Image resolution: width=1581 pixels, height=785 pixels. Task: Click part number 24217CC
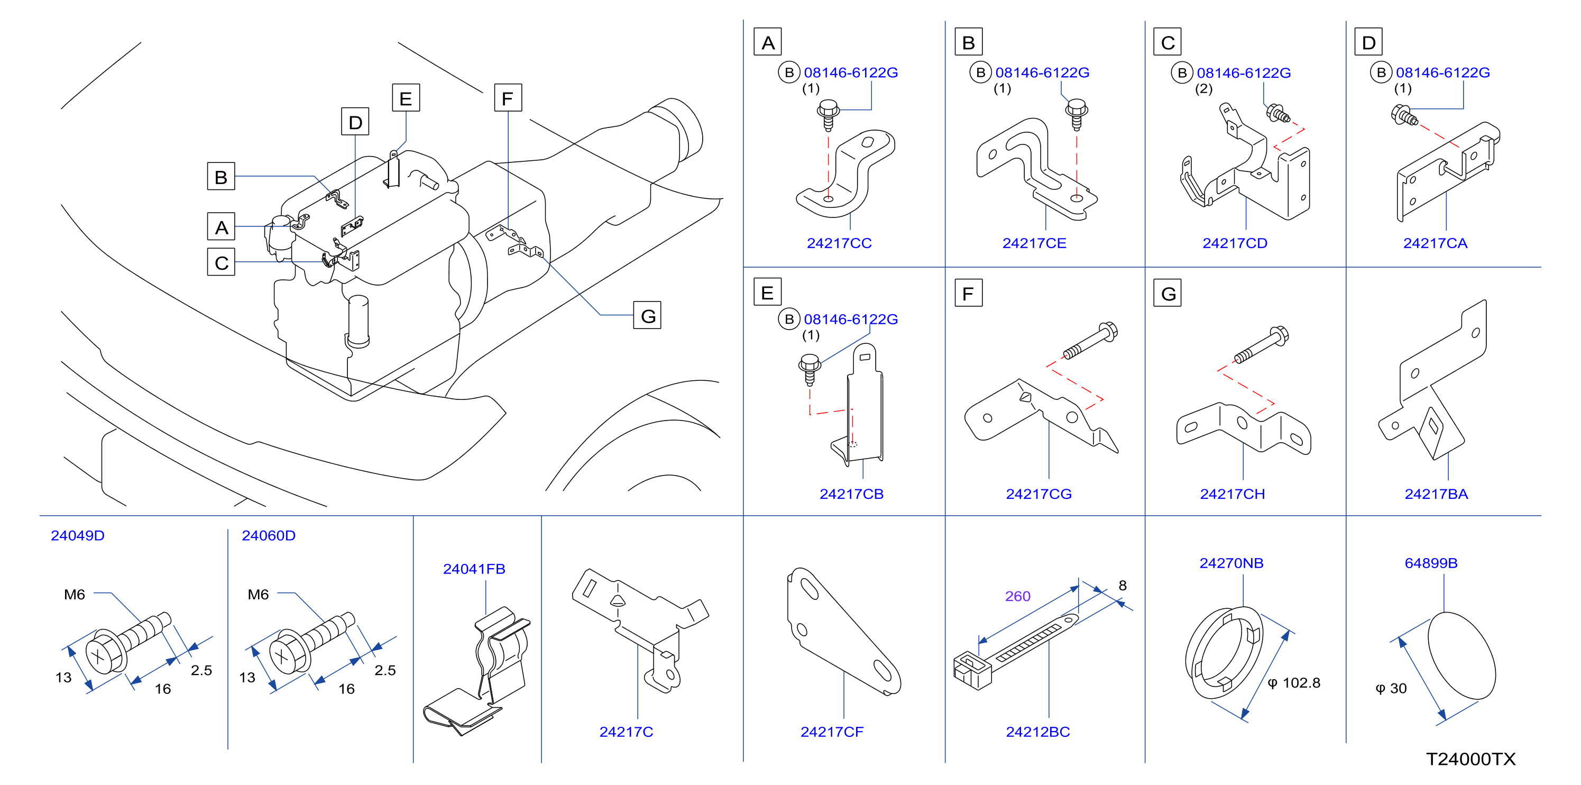click(x=839, y=243)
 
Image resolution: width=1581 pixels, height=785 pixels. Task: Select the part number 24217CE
click(x=1034, y=243)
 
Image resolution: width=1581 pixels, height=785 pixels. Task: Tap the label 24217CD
click(x=1235, y=243)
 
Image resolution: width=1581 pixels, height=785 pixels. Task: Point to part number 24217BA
click(x=1436, y=494)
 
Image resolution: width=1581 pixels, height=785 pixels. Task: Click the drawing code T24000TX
click(x=1470, y=759)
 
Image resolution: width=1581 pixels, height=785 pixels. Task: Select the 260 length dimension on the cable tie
click(x=1017, y=596)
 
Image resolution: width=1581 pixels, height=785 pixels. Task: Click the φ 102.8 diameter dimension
click(x=1294, y=682)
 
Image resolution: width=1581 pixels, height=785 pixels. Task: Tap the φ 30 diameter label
click(x=1391, y=688)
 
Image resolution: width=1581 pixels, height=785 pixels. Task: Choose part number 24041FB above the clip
click(x=474, y=569)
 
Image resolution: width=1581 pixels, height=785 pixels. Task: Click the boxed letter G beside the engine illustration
click(x=648, y=315)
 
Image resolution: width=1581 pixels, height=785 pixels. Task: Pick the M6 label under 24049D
click(x=74, y=594)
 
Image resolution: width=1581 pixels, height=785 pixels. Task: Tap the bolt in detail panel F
click(x=1091, y=340)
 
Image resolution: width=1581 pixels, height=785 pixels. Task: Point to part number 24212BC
click(x=1038, y=732)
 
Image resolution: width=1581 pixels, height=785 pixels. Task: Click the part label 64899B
click(x=1431, y=563)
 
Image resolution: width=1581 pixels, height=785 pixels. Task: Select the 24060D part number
click(x=268, y=535)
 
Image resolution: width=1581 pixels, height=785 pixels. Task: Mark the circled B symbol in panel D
click(x=1381, y=72)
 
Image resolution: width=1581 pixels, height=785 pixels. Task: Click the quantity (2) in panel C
click(x=1203, y=88)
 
